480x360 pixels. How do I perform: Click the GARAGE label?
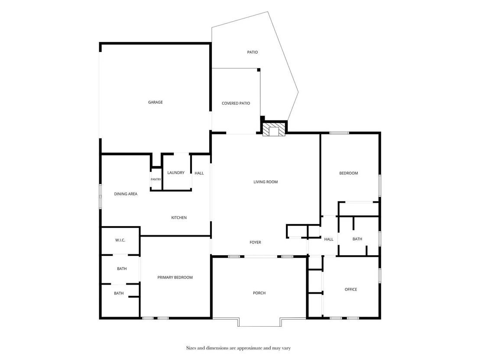[155, 102]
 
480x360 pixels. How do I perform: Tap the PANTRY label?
[156, 179]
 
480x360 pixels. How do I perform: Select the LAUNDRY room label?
[176, 173]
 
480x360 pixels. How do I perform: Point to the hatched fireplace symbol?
[274, 130]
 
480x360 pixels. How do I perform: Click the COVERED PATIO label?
[236, 104]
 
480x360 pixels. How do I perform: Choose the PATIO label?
[252, 52]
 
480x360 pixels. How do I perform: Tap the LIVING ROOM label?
[266, 182]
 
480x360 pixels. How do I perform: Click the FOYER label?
[255, 243]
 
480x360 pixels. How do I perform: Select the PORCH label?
[259, 293]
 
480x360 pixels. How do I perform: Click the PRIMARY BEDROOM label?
[175, 277]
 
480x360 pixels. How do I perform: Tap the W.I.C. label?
[120, 240]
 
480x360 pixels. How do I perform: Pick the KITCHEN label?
[179, 217]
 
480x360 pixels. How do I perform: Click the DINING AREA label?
[126, 194]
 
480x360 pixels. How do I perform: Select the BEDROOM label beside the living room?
[348, 173]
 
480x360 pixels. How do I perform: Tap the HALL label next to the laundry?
[199, 173]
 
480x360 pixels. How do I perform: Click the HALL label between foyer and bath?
[328, 240]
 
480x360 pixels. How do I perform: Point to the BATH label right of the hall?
[357, 239]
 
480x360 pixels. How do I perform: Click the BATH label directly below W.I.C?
[122, 269]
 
